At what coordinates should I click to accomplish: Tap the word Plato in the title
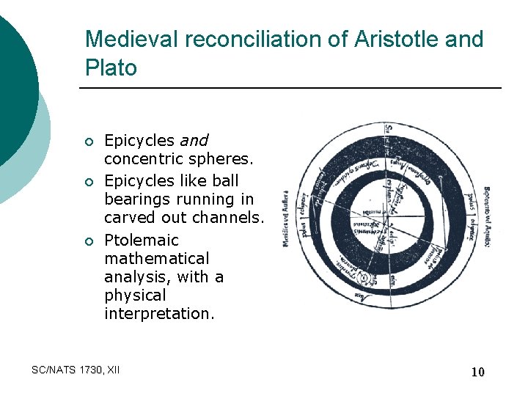111,68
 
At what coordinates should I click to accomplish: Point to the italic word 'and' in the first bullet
194,140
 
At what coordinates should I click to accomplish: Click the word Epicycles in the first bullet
139,140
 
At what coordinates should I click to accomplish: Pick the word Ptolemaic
142,240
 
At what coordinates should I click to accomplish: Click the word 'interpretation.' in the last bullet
159,313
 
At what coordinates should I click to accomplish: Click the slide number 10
477,372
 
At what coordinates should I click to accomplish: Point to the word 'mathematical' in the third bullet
156,258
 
